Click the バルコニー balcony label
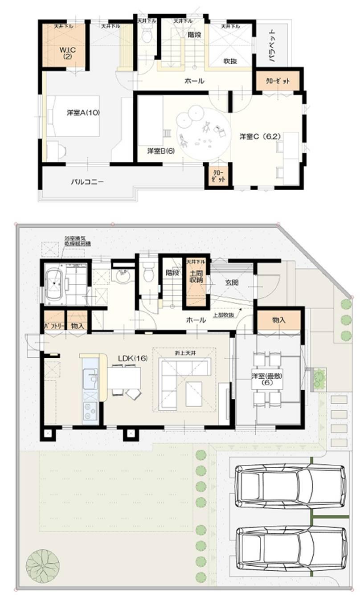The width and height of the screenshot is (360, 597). [89, 182]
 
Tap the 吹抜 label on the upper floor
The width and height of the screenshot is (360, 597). [229, 61]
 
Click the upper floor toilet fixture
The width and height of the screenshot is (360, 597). [147, 35]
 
